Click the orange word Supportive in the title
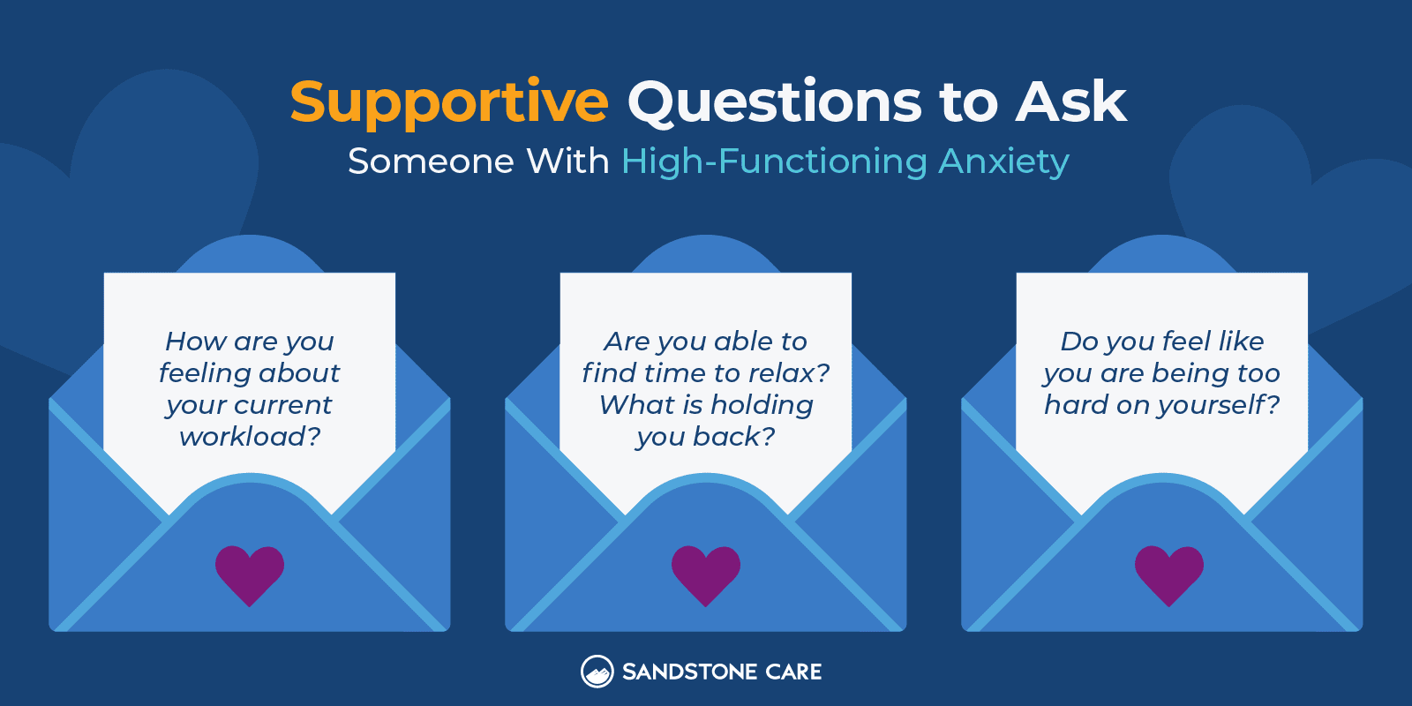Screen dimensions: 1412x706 coord(449,102)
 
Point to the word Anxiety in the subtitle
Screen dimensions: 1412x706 coord(1003,161)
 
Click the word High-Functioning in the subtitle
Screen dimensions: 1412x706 coord(774,161)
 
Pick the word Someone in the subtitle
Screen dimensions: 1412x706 coord(431,161)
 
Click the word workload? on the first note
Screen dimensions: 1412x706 coord(250,436)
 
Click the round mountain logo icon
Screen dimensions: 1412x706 coord(597,672)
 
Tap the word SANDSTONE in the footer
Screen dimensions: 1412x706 coord(689,672)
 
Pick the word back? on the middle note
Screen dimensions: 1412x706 coord(733,436)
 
